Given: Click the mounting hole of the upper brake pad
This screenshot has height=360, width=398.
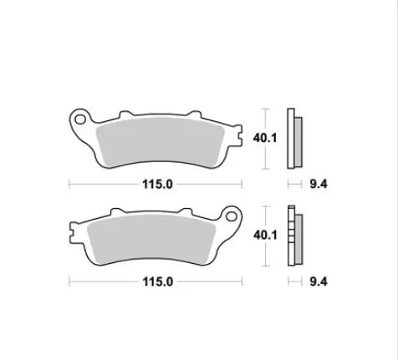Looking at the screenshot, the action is click(80, 119).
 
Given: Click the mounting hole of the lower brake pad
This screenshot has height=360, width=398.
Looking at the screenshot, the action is click(231, 216).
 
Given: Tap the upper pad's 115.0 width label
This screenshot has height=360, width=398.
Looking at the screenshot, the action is click(157, 185).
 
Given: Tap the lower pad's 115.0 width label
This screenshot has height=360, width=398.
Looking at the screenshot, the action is click(157, 281).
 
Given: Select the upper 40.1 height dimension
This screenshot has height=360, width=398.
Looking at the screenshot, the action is click(265, 138).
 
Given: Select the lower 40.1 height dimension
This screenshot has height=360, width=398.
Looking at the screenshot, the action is click(265, 236).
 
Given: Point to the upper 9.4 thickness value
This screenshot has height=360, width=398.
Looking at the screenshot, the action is click(319, 185).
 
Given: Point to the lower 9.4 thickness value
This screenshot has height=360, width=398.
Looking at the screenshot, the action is click(319, 281).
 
